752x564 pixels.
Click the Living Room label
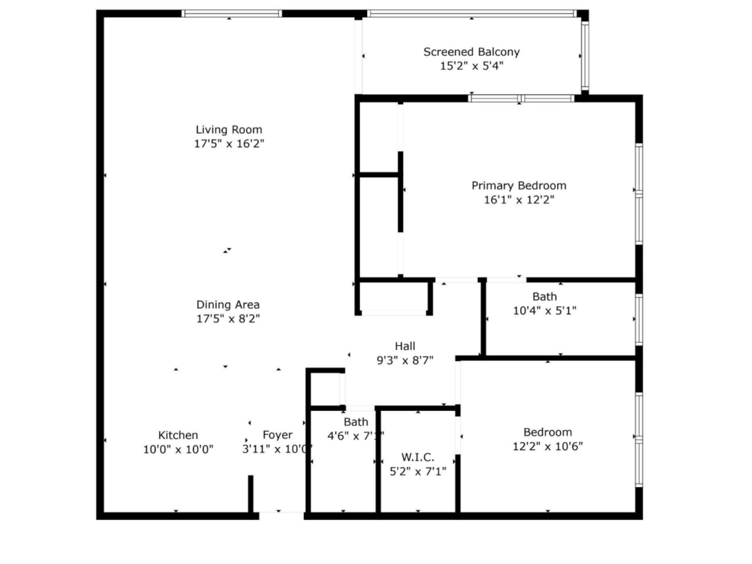(229, 130)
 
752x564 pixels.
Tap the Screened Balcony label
(471, 52)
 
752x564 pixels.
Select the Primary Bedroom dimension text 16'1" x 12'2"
(518, 200)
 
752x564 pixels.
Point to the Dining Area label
(228, 304)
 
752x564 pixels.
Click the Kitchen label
(178, 435)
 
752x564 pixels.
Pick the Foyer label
(278, 435)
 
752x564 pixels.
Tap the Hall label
(405, 346)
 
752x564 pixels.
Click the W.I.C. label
(418, 457)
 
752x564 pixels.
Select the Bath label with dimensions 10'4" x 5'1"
(545, 296)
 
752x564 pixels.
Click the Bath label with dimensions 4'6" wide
(356, 422)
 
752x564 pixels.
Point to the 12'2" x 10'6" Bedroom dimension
(547, 446)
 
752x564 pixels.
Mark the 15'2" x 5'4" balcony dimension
(471, 66)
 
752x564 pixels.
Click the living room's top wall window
(232, 14)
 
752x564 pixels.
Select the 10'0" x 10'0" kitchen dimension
(178, 449)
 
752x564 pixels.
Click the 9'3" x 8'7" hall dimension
(405, 360)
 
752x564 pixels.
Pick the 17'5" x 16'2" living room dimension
(229, 144)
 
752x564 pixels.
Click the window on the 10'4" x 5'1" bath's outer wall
(639, 319)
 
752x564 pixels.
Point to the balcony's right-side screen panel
(585, 55)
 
